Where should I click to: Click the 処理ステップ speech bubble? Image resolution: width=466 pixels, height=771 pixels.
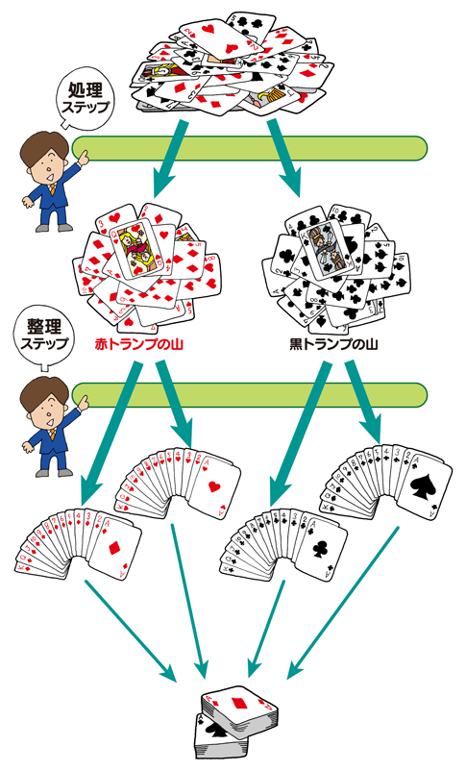pos(86,98)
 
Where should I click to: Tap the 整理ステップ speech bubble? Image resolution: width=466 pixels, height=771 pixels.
pos(44,336)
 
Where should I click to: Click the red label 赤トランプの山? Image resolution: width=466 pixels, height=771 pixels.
pos(138,344)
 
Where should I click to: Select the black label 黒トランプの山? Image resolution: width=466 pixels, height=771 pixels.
pos(333,344)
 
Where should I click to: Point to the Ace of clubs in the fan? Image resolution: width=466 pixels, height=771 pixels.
pos(320,548)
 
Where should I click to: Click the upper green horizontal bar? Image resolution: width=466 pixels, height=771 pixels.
pos(249,148)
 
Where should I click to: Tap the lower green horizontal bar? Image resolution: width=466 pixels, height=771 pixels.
pos(249,394)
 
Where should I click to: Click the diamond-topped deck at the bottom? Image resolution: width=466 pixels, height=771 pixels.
pos(239,710)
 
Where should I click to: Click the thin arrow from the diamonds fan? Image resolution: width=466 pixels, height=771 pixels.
pos(131,631)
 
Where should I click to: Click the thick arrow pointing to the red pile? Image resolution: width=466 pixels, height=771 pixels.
pos(171,158)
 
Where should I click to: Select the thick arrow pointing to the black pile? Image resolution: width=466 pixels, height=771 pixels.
pos(284,158)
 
